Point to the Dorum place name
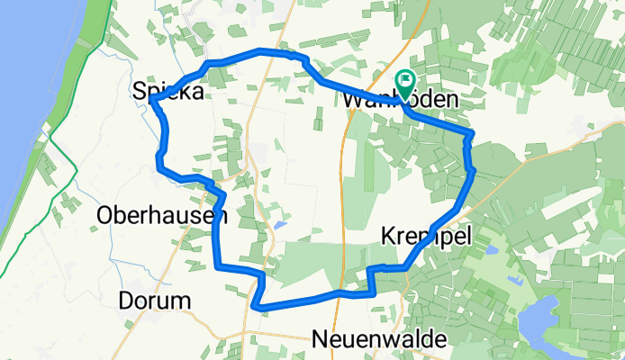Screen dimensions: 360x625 [154, 300]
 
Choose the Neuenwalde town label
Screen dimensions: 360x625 [378, 339]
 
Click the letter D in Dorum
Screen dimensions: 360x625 [126, 300]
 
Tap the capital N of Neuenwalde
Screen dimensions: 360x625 [320, 339]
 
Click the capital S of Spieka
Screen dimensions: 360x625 [140, 90]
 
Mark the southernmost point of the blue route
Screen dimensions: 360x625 [259, 308]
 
